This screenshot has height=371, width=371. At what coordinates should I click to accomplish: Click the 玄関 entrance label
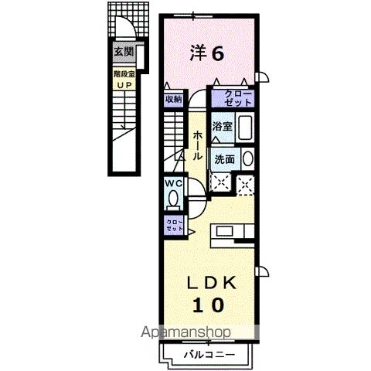pyautogui.click(x=123, y=53)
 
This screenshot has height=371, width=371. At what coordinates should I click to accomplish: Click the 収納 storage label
pyautogui.click(x=173, y=99)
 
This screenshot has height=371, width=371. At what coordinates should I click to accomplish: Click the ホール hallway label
pyautogui.click(x=198, y=144)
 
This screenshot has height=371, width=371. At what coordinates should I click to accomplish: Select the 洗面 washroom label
pyautogui.click(x=224, y=158)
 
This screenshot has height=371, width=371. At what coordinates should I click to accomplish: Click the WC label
pyautogui.click(x=173, y=183)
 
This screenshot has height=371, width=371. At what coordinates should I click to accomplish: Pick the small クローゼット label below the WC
pyautogui.click(x=173, y=224)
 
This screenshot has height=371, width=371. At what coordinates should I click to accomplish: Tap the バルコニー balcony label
pyautogui.click(x=205, y=355)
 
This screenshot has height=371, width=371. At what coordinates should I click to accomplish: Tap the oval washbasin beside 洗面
pyautogui.click(x=247, y=158)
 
